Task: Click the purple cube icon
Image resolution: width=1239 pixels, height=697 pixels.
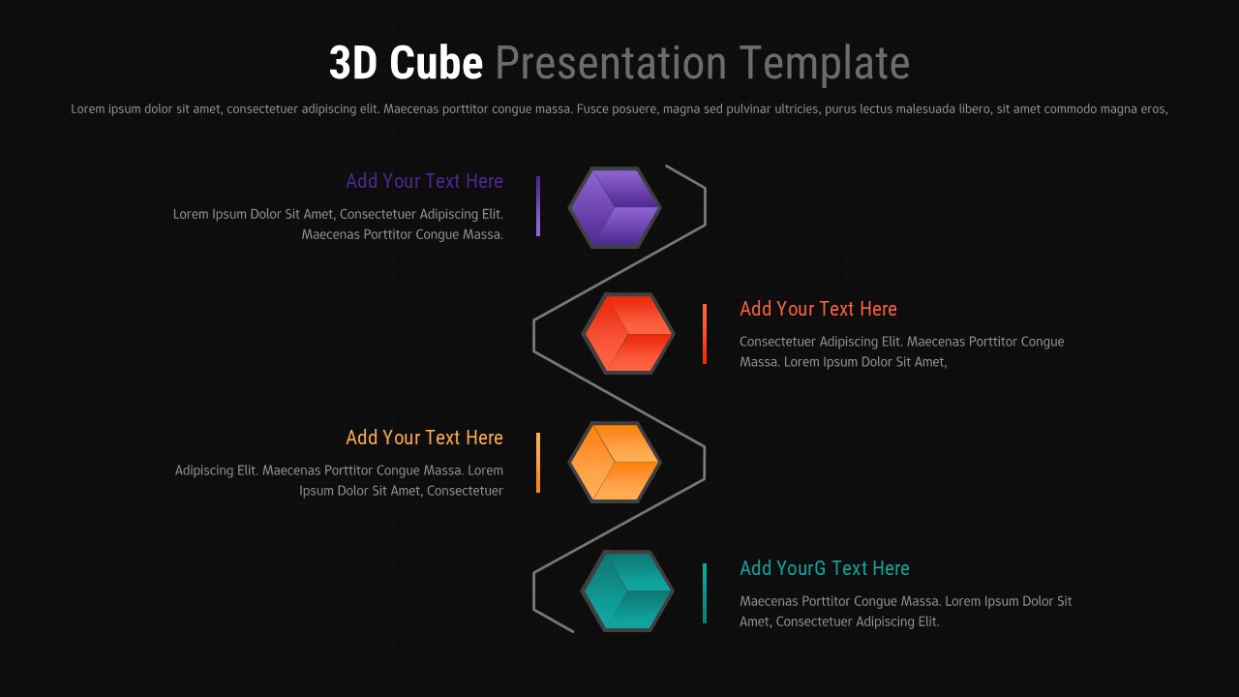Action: point(615,207)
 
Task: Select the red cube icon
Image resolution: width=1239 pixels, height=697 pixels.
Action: point(628,334)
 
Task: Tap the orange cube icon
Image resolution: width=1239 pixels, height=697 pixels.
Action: point(615,463)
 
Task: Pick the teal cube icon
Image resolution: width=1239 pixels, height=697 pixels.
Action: point(628,591)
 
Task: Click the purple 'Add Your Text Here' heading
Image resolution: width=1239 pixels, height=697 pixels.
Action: point(424,181)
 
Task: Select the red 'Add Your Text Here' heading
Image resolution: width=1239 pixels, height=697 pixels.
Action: point(818,309)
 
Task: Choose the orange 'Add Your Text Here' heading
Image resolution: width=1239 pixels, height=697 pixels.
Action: point(424,438)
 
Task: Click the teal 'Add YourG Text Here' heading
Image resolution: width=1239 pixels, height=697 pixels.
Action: point(824,568)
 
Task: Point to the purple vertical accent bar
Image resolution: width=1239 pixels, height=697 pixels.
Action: point(538,206)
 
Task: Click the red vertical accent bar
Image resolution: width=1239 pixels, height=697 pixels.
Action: point(705,334)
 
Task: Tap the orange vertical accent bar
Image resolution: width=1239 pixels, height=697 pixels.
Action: point(538,463)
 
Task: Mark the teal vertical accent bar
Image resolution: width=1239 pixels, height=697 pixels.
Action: point(705,592)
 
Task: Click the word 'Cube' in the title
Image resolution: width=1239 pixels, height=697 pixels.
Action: point(437,64)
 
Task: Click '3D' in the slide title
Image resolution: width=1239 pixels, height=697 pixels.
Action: point(353,64)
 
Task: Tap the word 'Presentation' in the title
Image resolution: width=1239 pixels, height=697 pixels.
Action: point(611,64)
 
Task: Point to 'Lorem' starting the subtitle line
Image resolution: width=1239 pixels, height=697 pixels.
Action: point(88,109)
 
